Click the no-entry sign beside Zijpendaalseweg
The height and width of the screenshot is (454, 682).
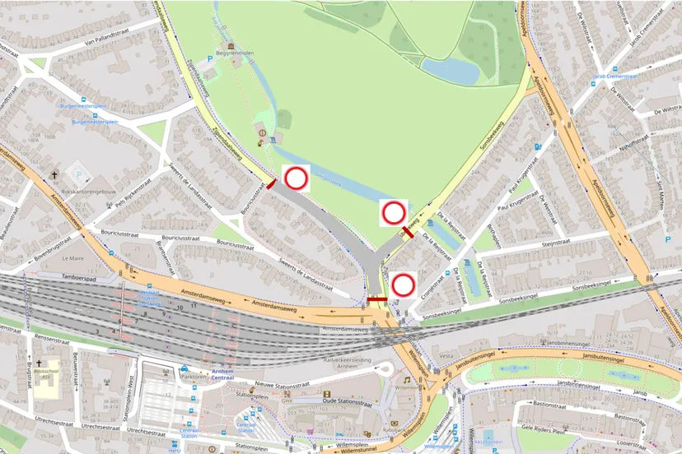(x=296, y=178)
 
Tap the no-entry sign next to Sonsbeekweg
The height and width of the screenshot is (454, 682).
(x=394, y=214)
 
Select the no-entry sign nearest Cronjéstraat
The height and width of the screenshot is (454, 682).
(x=403, y=285)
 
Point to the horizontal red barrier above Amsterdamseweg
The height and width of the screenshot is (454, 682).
(x=377, y=299)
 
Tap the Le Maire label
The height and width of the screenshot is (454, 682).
(x=73, y=257)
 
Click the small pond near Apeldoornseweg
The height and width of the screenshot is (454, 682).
(x=451, y=71)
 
